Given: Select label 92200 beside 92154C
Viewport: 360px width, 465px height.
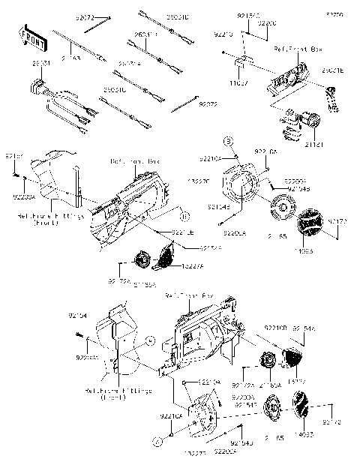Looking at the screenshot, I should point(266,23).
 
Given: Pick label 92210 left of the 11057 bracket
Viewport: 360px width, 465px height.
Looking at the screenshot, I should point(223,34).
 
